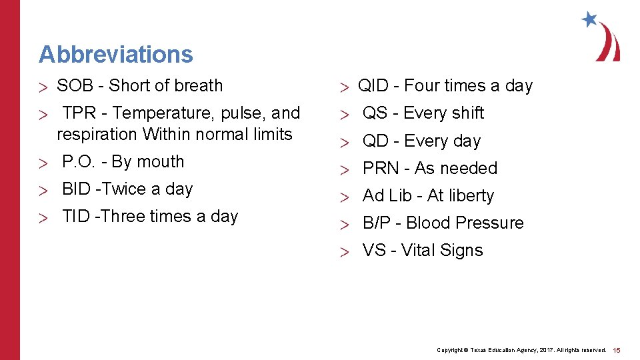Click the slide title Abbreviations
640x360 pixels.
pos(115,54)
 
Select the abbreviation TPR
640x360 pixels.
pos(79,113)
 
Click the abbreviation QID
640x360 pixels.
pos(373,86)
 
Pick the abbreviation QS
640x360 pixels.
pos(375,113)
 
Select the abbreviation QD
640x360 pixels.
pos(375,141)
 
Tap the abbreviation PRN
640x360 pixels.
pos(379,169)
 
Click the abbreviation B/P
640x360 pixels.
pos(377,223)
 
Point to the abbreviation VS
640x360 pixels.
pos(374,251)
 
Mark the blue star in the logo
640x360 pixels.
pos(589,19)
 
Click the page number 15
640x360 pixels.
pos(617,350)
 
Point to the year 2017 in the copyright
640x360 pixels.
pos(543,350)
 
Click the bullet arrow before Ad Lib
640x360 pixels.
pos(344,197)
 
